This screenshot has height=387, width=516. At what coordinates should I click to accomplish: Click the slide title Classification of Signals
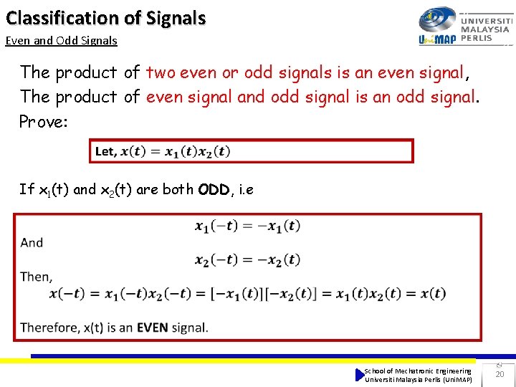click(x=105, y=18)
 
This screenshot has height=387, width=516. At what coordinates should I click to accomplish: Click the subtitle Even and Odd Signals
click(x=61, y=41)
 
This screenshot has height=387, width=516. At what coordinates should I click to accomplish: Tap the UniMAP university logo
click(x=464, y=27)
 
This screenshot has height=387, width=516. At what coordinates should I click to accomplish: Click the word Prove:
click(x=43, y=121)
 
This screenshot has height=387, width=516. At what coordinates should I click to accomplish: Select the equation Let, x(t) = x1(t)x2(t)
click(x=163, y=152)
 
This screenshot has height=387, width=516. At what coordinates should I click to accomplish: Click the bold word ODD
click(x=214, y=190)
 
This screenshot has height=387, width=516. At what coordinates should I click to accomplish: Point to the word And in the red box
click(x=32, y=242)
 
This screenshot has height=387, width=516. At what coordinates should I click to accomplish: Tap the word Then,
click(x=36, y=277)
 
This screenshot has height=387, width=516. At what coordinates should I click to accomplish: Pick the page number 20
click(x=500, y=374)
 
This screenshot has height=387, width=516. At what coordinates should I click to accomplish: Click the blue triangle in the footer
click(x=360, y=375)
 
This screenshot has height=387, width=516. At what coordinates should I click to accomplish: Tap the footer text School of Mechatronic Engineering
click(x=418, y=371)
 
